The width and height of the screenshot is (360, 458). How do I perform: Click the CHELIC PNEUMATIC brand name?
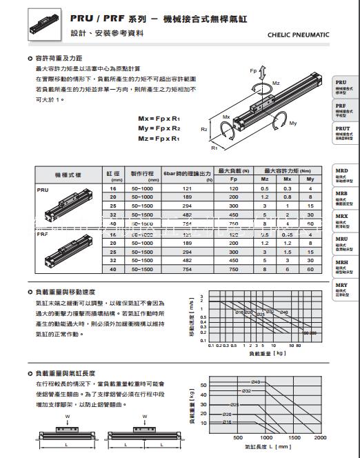point(297,34)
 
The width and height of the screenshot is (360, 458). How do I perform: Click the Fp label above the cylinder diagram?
point(252,70)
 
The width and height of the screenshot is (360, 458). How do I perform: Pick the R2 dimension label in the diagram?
point(205,129)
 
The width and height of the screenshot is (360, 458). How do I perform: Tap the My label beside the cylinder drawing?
point(293,123)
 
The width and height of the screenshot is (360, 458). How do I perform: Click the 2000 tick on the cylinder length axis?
point(319,437)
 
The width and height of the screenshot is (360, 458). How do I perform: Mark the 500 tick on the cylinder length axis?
point(238,437)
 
